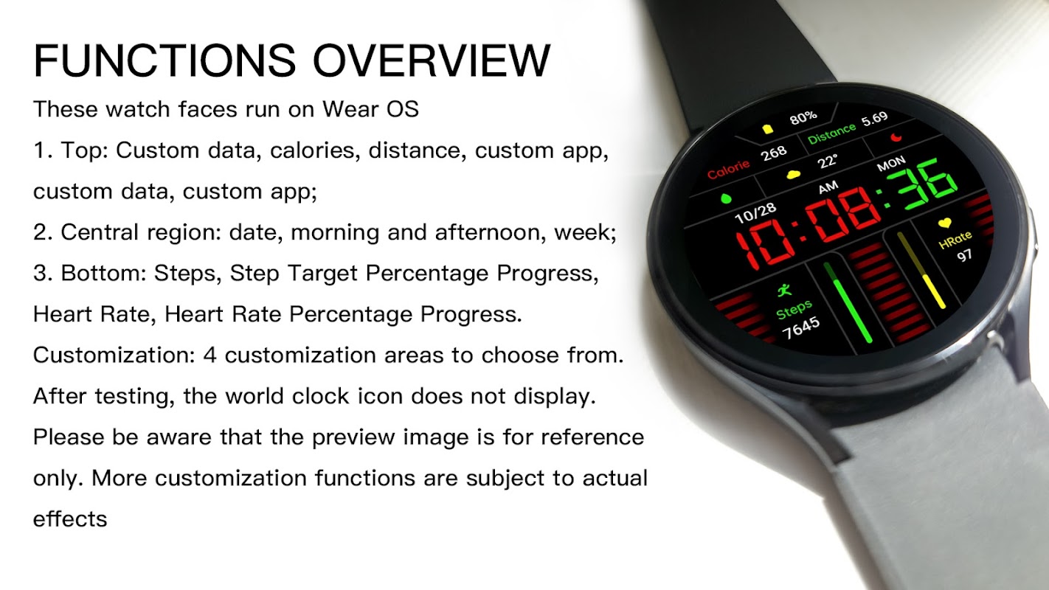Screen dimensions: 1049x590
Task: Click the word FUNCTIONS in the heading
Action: coord(165,60)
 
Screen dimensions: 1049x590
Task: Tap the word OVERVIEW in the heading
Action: coord(432,60)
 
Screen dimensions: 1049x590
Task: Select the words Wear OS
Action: coord(370,109)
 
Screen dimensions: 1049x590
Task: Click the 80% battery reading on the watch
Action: coord(803,118)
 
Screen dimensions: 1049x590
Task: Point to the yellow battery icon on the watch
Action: coord(767,129)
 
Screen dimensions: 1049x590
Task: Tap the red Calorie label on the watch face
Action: coord(728,170)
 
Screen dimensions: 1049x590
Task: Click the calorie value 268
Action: coord(774,153)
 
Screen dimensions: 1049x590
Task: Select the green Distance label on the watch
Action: coord(831,133)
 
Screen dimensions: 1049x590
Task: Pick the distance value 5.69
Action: coord(874,119)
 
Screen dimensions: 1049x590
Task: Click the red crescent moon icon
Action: coord(896,136)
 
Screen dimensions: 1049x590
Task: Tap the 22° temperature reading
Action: coord(827,161)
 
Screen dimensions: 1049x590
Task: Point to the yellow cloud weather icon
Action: coord(793,175)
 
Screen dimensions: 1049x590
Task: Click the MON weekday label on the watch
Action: coord(891,164)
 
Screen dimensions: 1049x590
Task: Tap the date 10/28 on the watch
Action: coord(755,214)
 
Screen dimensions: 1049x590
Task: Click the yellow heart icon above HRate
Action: coord(945,223)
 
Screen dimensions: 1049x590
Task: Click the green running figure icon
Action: coord(784,291)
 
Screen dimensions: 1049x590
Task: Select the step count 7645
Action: coord(801,327)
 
